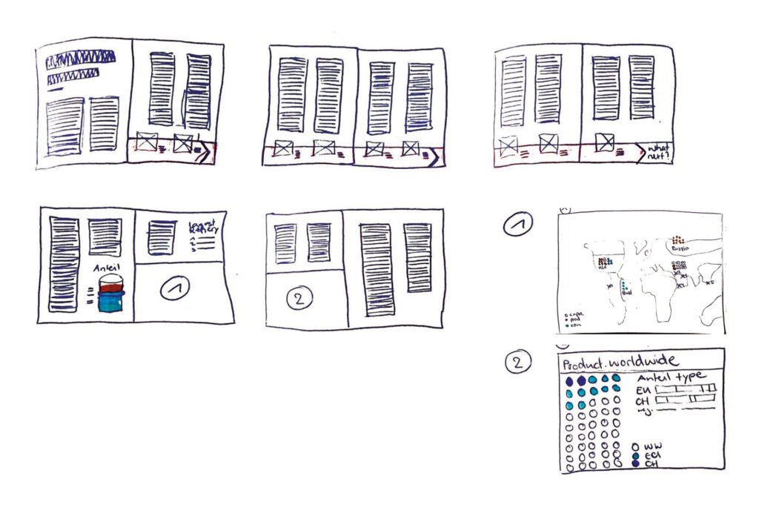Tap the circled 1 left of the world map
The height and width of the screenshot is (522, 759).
517,224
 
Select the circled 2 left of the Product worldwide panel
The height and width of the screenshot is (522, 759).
517,363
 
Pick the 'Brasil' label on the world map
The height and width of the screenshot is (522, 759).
626,294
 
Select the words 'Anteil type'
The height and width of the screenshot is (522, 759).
671,377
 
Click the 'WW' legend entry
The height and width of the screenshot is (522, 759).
652,447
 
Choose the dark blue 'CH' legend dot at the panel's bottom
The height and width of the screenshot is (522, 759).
635,464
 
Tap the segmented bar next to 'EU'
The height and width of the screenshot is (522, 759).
686,389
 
